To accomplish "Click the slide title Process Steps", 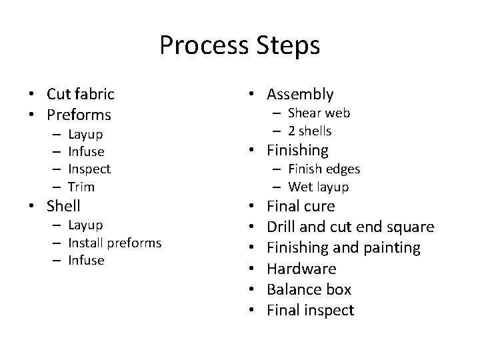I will pyautogui.click(x=240, y=45).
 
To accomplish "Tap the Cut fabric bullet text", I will pyautogui.click(x=80, y=94).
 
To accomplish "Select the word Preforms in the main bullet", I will pyautogui.click(x=79, y=114).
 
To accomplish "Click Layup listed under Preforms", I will pyautogui.click(x=86, y=135).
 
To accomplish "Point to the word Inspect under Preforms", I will pyautogui.click(x=89, y=169).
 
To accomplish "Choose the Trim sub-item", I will pyautogui.click(x=81, y=187).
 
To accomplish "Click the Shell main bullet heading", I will pyautogui.click(x=63, y=206).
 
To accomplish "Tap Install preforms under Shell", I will pyautogui.click(x=115, y=243).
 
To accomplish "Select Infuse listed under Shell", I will pyautogui.click(x=86, y=260).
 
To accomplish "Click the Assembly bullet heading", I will pyautogui.click(x=301, y=95).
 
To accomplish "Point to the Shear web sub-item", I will pyautogui.click(x=319, y=113).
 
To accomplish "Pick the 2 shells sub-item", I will pyautogui.click(x=310, y=131).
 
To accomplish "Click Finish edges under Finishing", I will pyautogui.click(x=324, y=169).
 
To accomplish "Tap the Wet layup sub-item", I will pyautogui.click(x=319, y=187).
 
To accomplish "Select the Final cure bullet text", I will pyautogui.click(x=301, y=206).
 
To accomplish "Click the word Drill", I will pyautogui.click(x=281, y=227).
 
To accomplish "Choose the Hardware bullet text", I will pyautogui.click(x=301, y=269).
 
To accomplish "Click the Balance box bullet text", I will pyautogui.click(x=309, y=289).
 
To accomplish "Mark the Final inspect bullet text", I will pyautogui.click(x=310, y=310).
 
